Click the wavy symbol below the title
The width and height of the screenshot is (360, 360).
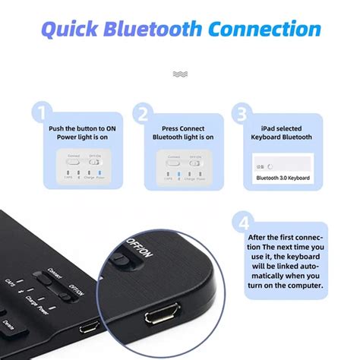(179, 74)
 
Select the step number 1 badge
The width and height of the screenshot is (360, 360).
(43, 113)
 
